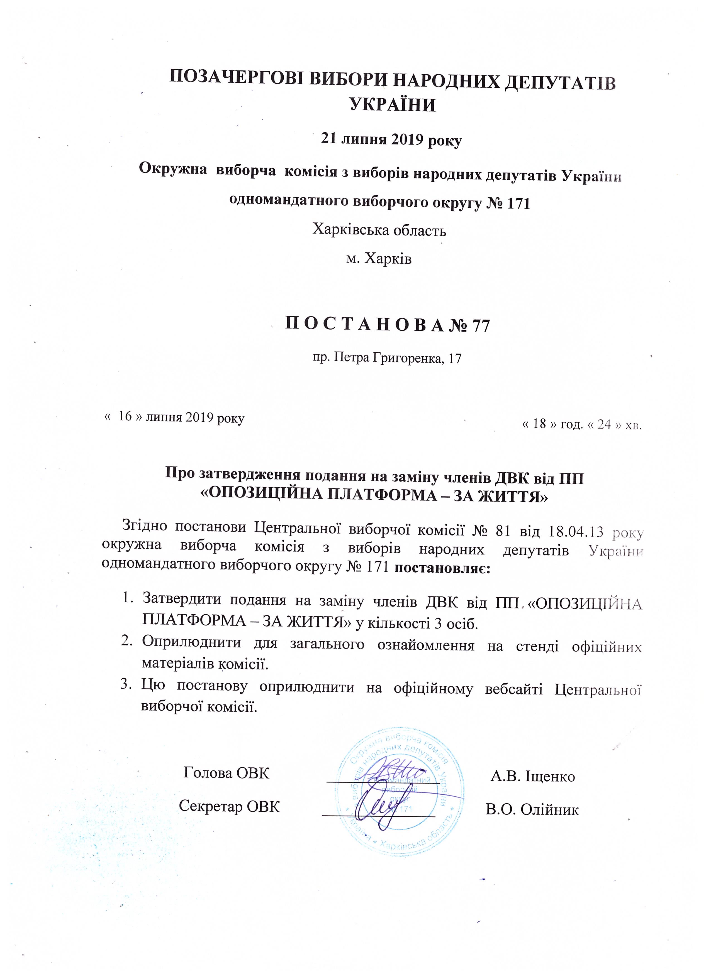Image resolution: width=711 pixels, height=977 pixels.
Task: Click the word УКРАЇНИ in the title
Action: [391, 105]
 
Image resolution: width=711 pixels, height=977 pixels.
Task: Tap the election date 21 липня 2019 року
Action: [391, 141]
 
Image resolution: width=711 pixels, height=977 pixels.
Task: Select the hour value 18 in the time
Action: [539, 424]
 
